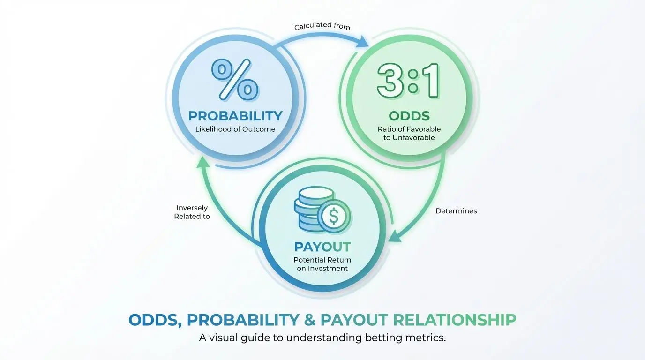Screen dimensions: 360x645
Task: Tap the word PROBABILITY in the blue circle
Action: (235, 116)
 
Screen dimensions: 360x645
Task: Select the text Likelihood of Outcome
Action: (235, 129)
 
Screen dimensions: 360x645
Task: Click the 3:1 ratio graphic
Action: (409, 81)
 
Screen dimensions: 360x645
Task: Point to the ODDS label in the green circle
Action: (409, 116)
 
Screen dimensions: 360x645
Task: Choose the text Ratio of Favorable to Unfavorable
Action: (409, 134)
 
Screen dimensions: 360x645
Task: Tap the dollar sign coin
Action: (334, 216)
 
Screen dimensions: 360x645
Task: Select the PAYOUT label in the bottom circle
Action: (322, 247)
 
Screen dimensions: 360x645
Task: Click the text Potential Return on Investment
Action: (322, 264)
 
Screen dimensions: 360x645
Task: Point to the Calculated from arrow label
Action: (322, 27)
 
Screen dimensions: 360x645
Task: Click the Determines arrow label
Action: (456, 211)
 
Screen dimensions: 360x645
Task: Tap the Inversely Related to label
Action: (192, 212)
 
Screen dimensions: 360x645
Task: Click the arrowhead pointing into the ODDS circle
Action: (364, 43)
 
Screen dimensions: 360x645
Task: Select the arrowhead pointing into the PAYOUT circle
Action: (397, 236)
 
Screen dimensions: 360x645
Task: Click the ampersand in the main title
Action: (309, 320)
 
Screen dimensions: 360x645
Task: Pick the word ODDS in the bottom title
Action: (152, 320)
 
